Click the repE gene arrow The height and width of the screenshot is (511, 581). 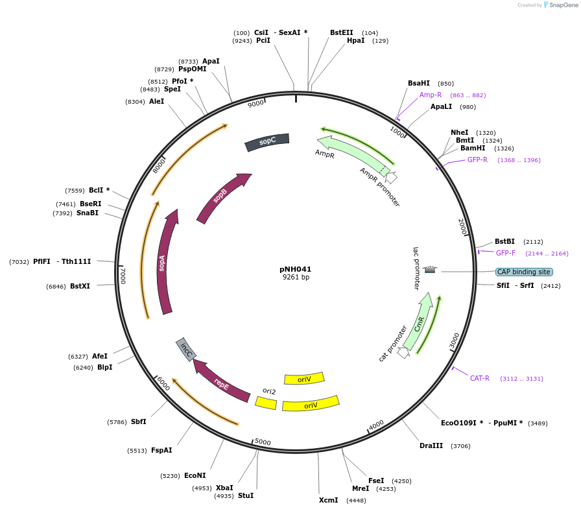pyautogui.click(x=221, y=382)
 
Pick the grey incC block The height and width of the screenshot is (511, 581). pyautogui.click(x=186, y=350)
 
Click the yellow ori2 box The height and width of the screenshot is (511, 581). pyautogui.click(x=266, y=403)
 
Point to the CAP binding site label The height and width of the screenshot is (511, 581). pyautogui.click(x=523, y=272)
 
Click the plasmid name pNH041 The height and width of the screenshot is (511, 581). pyautogui.click(x=296, y=268)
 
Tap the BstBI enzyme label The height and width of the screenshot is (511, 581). pyautogui.click(x=504, y=241)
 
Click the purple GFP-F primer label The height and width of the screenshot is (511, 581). pyautogui.click(x=506, y=253)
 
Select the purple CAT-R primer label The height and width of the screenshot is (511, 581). pyautogui.click(x=480, y=378)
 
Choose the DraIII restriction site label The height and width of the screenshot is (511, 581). pyautogui.click(x=431, y=446)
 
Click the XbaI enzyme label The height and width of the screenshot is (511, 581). pyautogui.click(x=224, y=488)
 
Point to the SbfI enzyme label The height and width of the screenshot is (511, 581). pyautogui.click(x=138, y=422)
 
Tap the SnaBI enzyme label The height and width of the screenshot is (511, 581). pyautogui.click(x=88, y=213)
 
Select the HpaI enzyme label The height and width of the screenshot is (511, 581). pyautogui.click(x=355, y=40)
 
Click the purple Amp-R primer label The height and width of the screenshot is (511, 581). pyautogui.click(x=431, y=95)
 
